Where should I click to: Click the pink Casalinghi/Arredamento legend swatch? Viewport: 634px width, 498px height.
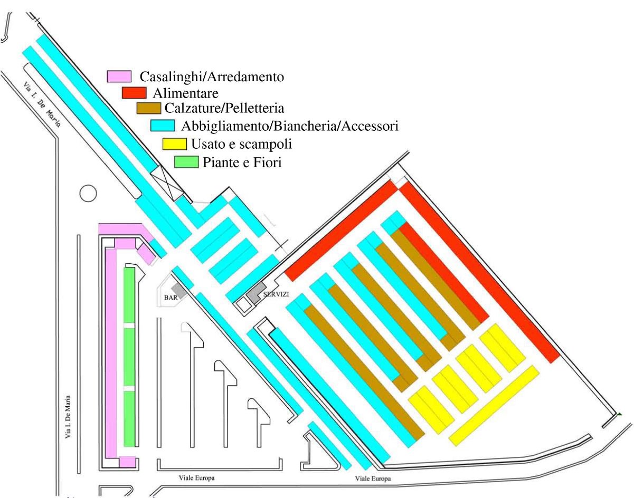(x=119, y=76)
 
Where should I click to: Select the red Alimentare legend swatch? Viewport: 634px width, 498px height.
(x=134, y=93)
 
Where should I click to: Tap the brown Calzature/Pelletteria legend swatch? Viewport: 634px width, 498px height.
(x=148, y=108)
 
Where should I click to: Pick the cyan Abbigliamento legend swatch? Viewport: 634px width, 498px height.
(x=162, y=126)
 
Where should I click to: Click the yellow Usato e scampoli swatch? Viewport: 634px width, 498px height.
(x=174, y=143)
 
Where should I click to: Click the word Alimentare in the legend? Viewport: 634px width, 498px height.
(x=186, y=93)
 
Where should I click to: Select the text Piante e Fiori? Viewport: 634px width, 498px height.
(x=242, y=162)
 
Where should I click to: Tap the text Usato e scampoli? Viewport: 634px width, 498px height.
(x=242, y=143)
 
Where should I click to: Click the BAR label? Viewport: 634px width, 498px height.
(x=171, y=298)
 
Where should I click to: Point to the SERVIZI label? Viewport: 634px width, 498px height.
(x=276, y=295)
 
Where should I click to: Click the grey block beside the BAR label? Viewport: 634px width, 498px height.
(x=178, y=289)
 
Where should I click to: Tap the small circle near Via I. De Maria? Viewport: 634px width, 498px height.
(x=88, y=193)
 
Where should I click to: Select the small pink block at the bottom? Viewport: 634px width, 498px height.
(x=127, y=462)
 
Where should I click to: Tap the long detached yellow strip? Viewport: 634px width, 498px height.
(x=494, y=405)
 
